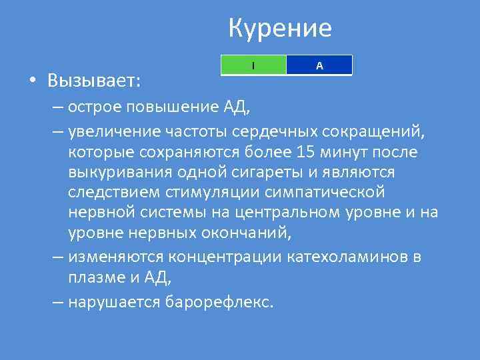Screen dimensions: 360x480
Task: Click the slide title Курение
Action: click(x=279, y=29)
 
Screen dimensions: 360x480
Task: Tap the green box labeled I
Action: click(x=253, y=65)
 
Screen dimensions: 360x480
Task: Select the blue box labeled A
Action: click(x=319, y=65)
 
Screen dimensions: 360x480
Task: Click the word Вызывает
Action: click(x=93, y=81)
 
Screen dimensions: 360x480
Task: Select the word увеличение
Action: click(x=116, y=130)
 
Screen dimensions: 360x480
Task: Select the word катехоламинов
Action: click(x=335, y=257)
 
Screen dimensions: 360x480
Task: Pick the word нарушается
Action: click(x=114, y=301)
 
